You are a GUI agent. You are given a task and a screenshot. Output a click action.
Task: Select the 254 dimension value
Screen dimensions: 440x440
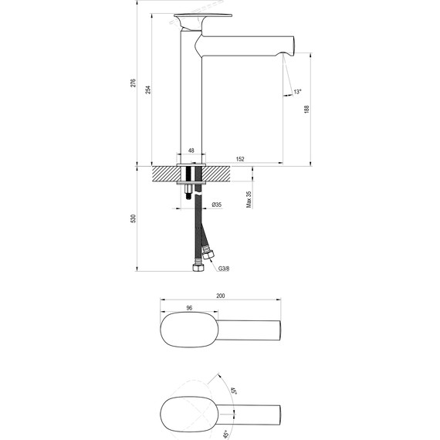(148, 88)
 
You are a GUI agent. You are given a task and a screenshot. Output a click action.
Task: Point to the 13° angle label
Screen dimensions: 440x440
(298, 93)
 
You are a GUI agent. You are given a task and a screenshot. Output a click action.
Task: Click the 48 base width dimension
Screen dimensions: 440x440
(191, 151)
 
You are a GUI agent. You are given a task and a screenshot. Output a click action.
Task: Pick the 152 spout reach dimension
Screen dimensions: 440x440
(240, 159)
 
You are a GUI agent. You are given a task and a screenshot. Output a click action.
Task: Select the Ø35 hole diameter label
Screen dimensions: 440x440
(217, 205)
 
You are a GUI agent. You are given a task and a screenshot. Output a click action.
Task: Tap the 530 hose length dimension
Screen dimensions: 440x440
(134, 218)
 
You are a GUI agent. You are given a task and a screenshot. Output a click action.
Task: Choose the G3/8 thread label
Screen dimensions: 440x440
(224, 269)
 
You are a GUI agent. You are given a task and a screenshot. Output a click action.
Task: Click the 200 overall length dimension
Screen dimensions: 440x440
(221, 296)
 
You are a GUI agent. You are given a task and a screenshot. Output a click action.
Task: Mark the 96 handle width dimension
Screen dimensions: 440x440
(189, 309)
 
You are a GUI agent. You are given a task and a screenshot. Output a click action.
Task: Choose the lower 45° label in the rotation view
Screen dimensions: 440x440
(226, 432)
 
